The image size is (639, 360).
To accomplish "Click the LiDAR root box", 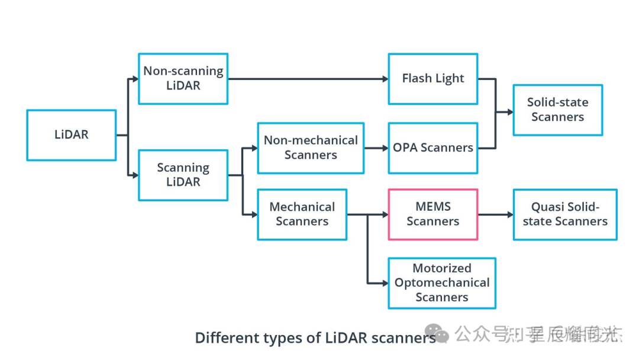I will coord(71,135).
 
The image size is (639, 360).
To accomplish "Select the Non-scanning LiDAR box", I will coord(183,79).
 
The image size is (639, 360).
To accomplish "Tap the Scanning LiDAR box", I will coord(183,175).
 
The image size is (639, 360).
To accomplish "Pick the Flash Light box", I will coord(433,79).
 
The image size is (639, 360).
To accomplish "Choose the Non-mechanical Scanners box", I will coord(311,148).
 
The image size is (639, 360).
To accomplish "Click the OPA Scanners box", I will coord(433,148).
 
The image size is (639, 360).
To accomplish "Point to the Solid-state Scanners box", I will coord(557,110).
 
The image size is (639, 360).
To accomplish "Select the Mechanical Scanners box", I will coord(302,214).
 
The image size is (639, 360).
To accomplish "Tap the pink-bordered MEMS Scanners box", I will coord(433,214).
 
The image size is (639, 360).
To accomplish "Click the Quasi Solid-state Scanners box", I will coord(564,214).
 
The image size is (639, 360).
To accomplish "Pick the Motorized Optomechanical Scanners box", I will coord(441,283).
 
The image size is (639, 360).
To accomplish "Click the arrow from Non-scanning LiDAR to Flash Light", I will coord(308,79).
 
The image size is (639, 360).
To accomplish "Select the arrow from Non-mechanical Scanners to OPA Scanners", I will coord(376,148).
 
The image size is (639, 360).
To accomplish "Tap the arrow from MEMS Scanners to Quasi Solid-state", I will coord(495,214).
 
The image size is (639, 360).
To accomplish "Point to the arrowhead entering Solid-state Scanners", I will coord(509,111).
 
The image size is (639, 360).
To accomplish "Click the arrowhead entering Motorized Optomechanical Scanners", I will coord(384,283).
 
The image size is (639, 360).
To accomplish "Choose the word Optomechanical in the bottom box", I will coord(442,283).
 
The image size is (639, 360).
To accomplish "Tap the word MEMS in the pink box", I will coord(433,207).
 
